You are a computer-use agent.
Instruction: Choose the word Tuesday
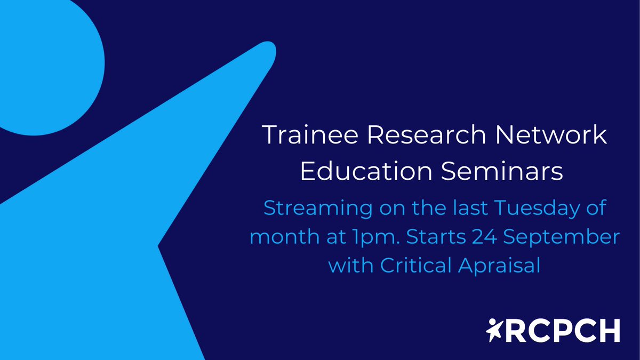[x=535, y=208]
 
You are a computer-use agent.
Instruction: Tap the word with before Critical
[x=349, y=265]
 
